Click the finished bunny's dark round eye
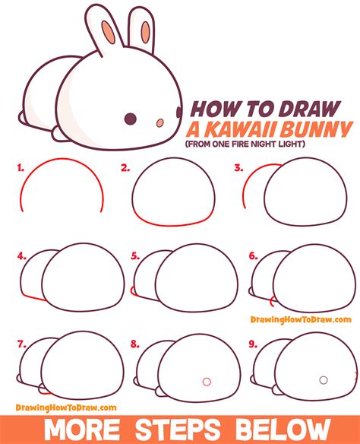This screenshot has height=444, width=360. coord(131,119)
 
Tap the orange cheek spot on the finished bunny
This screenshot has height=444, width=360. coord(160,122)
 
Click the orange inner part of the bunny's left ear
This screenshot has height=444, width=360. coord(109,32)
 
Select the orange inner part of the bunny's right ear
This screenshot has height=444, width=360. coord(146,32)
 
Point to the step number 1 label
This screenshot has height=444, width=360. coord(21,168)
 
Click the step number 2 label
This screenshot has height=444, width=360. coord(125,168)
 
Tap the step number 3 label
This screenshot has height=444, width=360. coord(238,167)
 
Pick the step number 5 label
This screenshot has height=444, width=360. coord(135,256)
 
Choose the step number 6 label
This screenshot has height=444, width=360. coord(254,256)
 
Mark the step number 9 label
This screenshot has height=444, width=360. coord(253,344)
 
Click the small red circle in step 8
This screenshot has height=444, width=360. coord(207,382)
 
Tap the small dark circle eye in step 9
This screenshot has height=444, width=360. coord(324,380)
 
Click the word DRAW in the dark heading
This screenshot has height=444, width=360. coord(309,109)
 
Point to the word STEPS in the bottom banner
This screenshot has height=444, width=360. coord(178,430)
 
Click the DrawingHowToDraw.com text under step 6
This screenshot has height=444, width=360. coord(301,319)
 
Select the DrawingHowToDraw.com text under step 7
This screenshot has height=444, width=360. coord(66,408)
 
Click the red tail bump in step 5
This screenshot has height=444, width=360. coord(132,291)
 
